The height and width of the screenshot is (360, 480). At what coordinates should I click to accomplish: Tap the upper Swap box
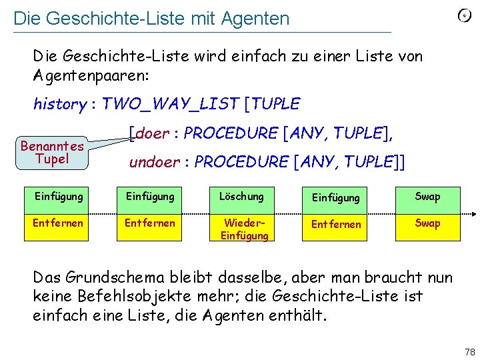pos(427,197)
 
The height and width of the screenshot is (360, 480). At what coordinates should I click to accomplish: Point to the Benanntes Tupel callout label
pos(52,151)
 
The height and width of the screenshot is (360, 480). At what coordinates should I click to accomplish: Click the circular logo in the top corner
pos(465,16)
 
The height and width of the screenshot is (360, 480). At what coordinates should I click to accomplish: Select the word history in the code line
pos(59,105)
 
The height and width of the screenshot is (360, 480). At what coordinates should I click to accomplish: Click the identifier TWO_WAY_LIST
pos(169,104)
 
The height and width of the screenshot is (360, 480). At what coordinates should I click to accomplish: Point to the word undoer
pos(153,162)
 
